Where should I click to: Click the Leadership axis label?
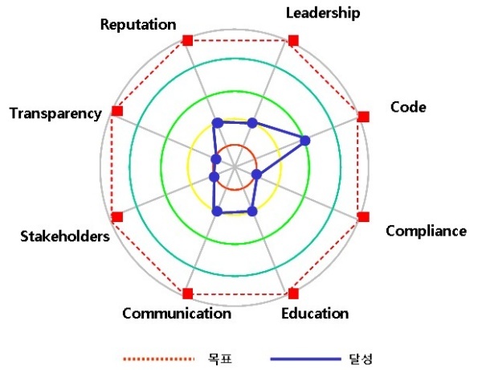pyautogui.click(x=323, y=13)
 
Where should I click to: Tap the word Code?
pyautogui.click(x=408, y=107)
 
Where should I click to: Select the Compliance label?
pyautogui.click(x=426, y=231)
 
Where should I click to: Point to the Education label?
pyautogui.click(x=315, y=314)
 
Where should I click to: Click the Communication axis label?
pyautogui.click(x=177, y=314)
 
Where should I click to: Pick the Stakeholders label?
pyautogui.click(x=65, y=236)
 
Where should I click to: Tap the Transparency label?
pyautogui.click(x=55, y=114)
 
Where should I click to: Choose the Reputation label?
pyautogui.click(x=138, y=25)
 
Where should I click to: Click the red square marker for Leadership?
pyautogui.click(x=293, y=40)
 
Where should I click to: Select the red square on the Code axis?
pyautogui.click(x=364, y=117)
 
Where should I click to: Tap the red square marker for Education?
pyautogui.click(x=293, y=294)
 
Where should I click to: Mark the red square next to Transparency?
pyautogui.click(x=117, y=111)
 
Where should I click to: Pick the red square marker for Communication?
pyautogui.click(x=187, y=294)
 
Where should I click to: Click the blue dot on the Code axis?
pyautogui.click(x=305, y=141)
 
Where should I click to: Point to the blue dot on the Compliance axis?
pyautogui.click(x=257, y=175)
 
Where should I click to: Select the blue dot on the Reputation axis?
pyautogui.click(x=218, y=123)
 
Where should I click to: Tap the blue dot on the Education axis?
pyautogui.click(x=252, y=212)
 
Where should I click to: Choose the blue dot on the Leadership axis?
pyautogui.click(x=252, y=123)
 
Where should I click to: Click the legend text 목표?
pyautogui.click(x=220, y=359)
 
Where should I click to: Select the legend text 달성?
pyautogui.click(x=361, y=359)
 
